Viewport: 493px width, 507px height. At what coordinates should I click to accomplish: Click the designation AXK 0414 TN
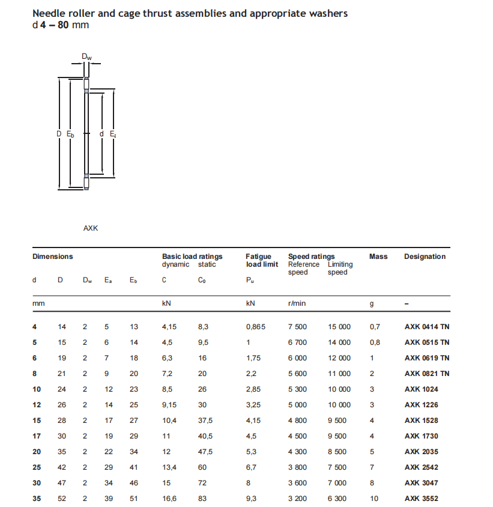click(426, 327)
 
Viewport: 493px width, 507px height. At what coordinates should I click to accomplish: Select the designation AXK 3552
click(420, 498)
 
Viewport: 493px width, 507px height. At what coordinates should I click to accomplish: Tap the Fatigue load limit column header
click(262, 260)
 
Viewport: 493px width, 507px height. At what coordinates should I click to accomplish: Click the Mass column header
click(378, 257)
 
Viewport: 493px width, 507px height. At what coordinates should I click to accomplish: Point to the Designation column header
click(425, 257)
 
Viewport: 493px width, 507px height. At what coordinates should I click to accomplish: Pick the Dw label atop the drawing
click(87, 57)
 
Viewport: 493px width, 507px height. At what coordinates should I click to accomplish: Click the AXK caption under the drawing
click(91, 228)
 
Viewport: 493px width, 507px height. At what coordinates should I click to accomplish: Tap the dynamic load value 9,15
click(170, 405)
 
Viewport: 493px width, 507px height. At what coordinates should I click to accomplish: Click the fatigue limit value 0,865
click(255, 327)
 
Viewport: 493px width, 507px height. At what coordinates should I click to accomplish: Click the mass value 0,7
click(375, 327)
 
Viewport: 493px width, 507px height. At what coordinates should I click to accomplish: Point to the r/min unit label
click(297, 303)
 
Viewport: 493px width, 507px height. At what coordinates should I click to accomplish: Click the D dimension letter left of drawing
click(59, 134)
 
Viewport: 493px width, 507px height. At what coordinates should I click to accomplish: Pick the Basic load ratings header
click(192, 257)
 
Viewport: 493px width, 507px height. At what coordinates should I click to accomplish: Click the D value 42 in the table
click(62, 467)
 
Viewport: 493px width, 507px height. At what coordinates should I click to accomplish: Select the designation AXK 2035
click(420, 452)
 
